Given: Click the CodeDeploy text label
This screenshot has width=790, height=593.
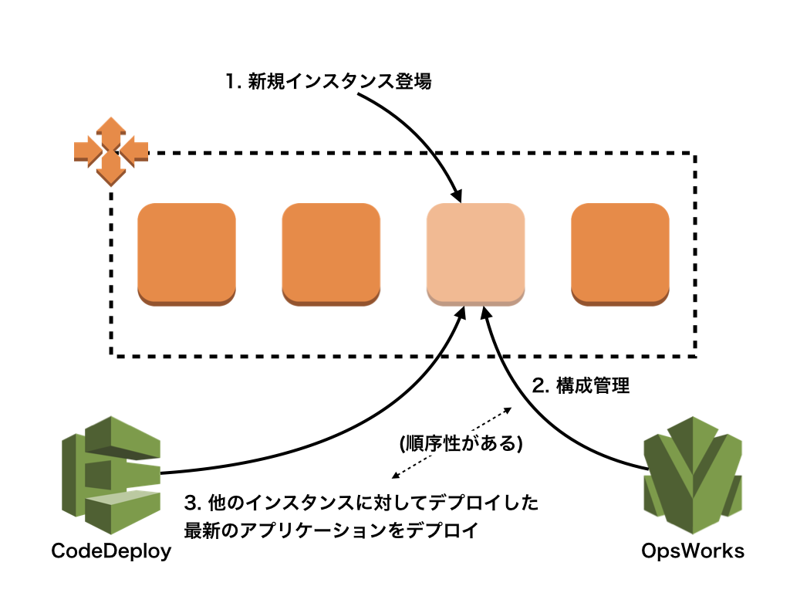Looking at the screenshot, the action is (x=111, y=551).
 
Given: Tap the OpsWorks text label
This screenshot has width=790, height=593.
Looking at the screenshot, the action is (x=692, y=551).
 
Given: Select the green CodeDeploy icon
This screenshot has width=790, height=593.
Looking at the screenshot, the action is (x=111, y=475).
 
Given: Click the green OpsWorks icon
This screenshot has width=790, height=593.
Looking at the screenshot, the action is (x=693, y=475).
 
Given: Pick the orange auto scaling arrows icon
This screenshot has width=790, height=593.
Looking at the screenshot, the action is (x=111, y=151).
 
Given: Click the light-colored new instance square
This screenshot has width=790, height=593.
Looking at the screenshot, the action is (x=475, y=255).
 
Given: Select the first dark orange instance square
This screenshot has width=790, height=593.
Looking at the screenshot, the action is (x=187, y=255).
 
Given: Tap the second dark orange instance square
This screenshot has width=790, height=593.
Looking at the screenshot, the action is (x=331, y=255).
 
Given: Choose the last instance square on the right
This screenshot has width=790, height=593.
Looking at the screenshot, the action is (x=620, y=255).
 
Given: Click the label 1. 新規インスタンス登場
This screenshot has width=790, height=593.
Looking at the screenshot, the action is (x=328, y=81).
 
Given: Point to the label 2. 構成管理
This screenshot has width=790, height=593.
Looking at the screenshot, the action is (x=581, y=386).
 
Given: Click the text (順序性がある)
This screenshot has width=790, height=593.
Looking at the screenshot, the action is (x=461, y=443).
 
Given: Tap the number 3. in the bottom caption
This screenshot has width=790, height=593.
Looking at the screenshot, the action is (x=193, y=503).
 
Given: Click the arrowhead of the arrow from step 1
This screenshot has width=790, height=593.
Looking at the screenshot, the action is (x=457, y=195).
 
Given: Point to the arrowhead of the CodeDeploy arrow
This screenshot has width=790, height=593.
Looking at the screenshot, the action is (x=460, y=313).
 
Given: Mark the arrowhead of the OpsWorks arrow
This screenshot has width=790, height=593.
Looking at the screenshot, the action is (x=486, y=313).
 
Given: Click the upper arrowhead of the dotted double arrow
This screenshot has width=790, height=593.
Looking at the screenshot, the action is (x=508, y=411).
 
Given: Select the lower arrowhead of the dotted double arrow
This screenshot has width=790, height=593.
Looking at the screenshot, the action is (x=396, y=475).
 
